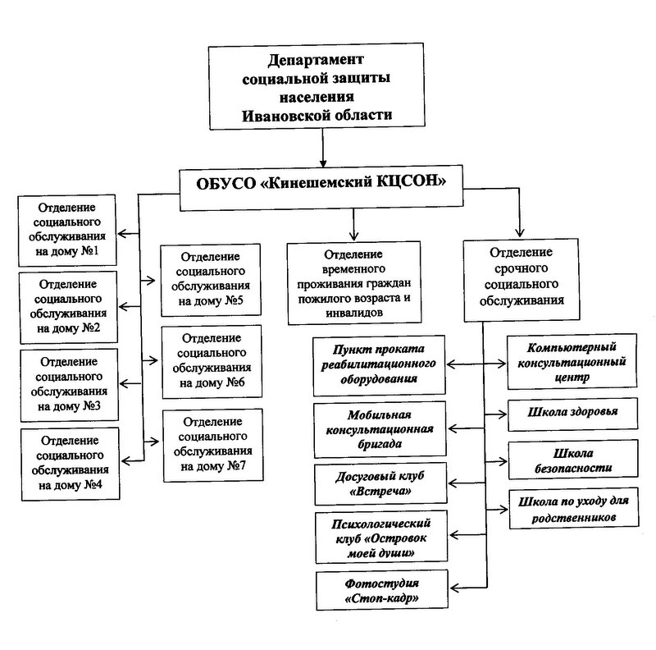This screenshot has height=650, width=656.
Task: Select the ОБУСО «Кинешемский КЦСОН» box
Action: (x=321, y=181)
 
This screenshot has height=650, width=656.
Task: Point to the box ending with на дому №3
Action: (x=67, y=384)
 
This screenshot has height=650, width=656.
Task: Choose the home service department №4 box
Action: (x=67, y=463)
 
